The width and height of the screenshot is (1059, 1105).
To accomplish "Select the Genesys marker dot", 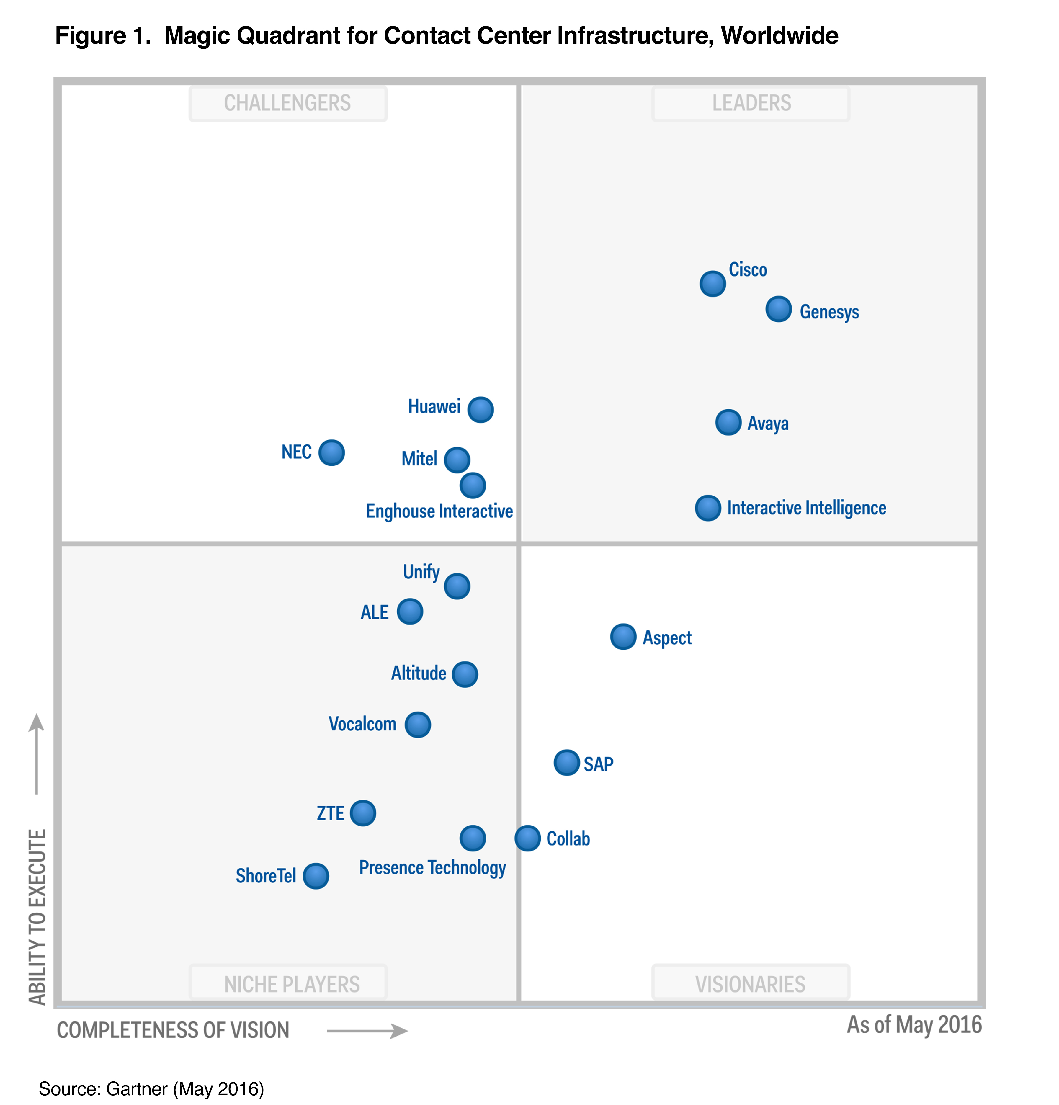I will click(x=778, y=309).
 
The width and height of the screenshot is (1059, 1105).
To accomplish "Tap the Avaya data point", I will click(x=728, y=422).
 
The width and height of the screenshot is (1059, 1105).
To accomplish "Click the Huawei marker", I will click(x=481, y=409).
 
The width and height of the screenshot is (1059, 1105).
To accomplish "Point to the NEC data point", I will click(x=331, y=453).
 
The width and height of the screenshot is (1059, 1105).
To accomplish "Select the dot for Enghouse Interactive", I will click(x=473, y=486).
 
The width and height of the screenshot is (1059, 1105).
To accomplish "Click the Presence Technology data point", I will click(x=473, y=838).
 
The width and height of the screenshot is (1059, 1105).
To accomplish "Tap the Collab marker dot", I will click(x=528, y=838).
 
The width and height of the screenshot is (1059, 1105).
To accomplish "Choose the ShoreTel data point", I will click(x=316, y=876).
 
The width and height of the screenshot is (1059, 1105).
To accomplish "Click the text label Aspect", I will click(x=667, y=637).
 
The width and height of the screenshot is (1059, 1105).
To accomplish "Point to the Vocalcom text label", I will click(x=362, y=724).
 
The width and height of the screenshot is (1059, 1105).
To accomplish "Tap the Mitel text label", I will click(x=419, y=459).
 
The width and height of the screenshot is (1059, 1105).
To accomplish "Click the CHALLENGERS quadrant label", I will click(x=287, y=103).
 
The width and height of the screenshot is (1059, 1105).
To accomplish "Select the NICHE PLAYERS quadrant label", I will click(x=292, y=984).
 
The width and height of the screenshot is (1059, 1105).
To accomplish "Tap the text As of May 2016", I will click(x=914, y=1025).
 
